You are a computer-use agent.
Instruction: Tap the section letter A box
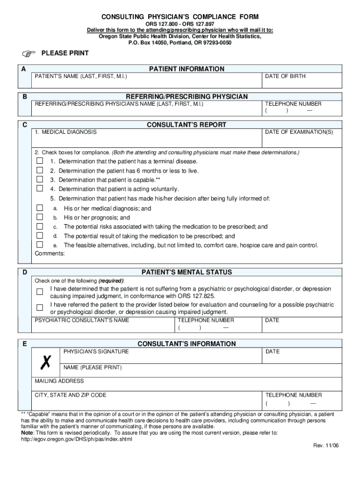[x=23, y=69]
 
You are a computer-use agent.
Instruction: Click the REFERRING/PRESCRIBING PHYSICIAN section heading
[x=187, y=96]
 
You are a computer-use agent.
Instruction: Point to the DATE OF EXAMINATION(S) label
[x=299, y=132]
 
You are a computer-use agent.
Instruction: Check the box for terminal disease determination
[x=40, y=161]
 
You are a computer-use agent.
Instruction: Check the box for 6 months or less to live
[x=40, y=170]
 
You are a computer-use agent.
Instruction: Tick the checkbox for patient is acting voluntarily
[x=40, y=189]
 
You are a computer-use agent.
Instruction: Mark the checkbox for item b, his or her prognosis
[x=40, y=217]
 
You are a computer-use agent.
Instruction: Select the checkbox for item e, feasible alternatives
[x=40, y=245]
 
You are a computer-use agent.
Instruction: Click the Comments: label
[x=50, y=254]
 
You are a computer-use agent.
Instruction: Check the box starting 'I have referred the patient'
[x=40, y=308]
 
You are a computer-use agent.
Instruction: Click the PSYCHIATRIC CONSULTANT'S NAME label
[x=82, y=320]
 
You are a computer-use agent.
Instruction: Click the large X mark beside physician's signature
[x=46, y=361]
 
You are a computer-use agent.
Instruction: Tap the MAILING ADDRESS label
[x=59, y=381]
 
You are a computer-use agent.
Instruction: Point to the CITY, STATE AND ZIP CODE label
[x=71, y=395]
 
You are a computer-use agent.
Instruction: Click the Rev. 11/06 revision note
[x=326, y=445]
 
